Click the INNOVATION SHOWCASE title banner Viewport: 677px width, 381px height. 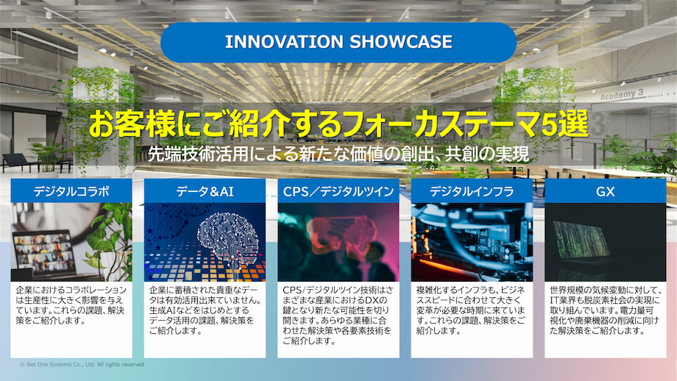338,42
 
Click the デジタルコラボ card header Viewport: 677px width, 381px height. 71,191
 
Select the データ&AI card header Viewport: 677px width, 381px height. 205,191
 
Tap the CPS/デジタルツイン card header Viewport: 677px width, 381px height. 338,191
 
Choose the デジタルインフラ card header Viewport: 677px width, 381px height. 472,191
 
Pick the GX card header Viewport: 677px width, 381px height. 605,191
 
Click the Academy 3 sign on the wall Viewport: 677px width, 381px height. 622,95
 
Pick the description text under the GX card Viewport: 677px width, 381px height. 605,310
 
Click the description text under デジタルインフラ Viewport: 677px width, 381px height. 471,310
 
